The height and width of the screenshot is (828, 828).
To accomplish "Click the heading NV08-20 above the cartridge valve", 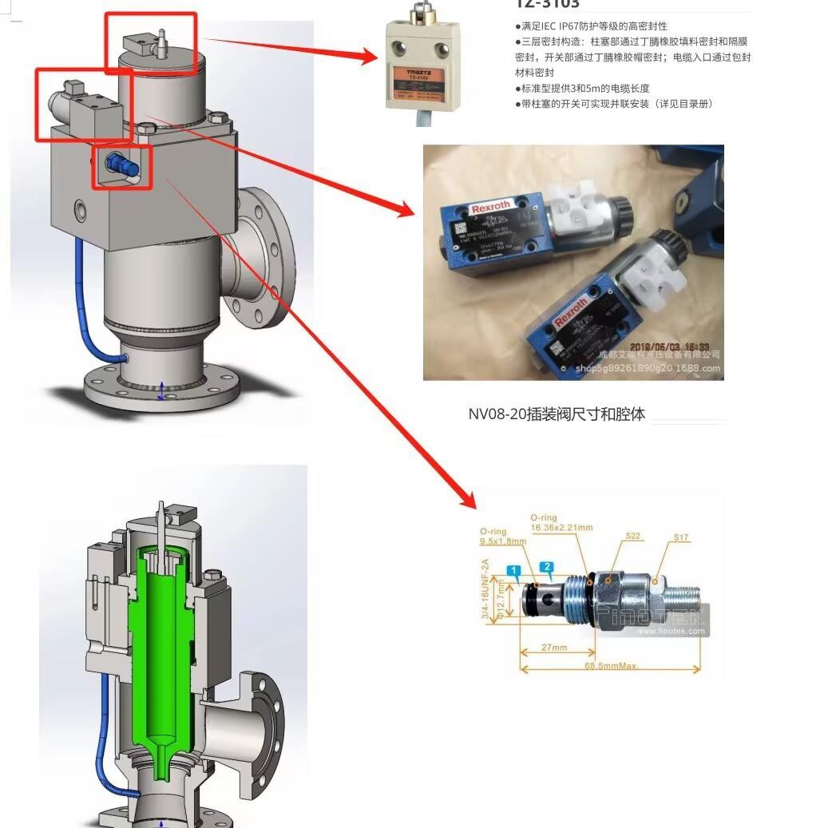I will (556, 414).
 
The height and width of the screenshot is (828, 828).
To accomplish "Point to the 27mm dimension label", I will (554, 648).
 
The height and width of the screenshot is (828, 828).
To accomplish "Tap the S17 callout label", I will (680, 537).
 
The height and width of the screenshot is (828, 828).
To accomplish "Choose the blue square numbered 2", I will (547, 568).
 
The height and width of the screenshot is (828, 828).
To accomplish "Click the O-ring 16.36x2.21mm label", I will (561, 523).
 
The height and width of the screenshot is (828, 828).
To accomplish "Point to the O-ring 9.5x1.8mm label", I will (503, 537).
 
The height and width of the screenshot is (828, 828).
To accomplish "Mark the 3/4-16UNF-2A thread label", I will (485, 589).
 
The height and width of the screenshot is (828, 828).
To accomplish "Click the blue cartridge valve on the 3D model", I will (120, 165).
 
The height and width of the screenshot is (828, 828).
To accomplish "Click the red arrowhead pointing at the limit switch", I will (368, 56).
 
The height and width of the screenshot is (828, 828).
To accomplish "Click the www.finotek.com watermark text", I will (672, 632).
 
